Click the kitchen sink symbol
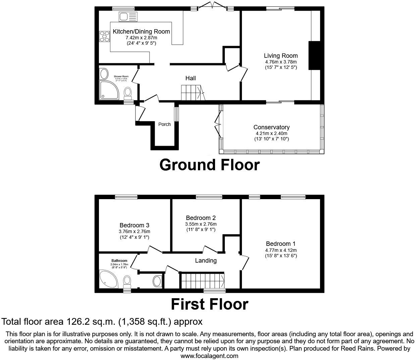click(128, 16)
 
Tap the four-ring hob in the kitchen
click(104, 36)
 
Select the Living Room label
click(281, 56)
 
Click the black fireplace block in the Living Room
click(314, 55)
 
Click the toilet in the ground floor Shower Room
click(128, 92)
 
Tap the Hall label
click(191, 78)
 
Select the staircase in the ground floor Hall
click(191, 92)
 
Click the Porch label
click(164, 124)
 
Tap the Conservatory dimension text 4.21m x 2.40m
click(271, 133)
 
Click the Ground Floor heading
click(209, 165)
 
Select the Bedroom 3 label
click(134, 225)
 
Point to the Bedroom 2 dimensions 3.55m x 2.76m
click(201, 224)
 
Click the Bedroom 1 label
click(281, 244)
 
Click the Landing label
click(206, 261)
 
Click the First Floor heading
click(209, 304)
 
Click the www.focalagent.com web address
click(209, 356)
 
